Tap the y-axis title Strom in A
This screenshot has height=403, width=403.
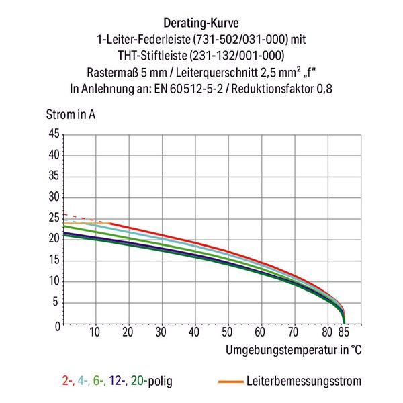click(x=70, y=114)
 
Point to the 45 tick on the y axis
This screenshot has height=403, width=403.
click(x=54, y=134)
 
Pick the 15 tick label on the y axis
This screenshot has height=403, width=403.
click(x=54, y=261)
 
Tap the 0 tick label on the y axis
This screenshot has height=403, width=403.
click(x=56, y=325)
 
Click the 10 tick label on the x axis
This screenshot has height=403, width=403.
click(x=95, y=332)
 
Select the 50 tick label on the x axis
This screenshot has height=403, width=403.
click(x=226, y=332)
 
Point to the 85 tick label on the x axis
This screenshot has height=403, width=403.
click(x=344, y=332)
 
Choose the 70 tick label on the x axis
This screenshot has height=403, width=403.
click(x=292, y=332)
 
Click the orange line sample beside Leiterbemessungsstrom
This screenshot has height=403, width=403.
click(x=232, y=382)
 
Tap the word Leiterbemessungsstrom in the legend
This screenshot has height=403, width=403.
click(x=304, y=382)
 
